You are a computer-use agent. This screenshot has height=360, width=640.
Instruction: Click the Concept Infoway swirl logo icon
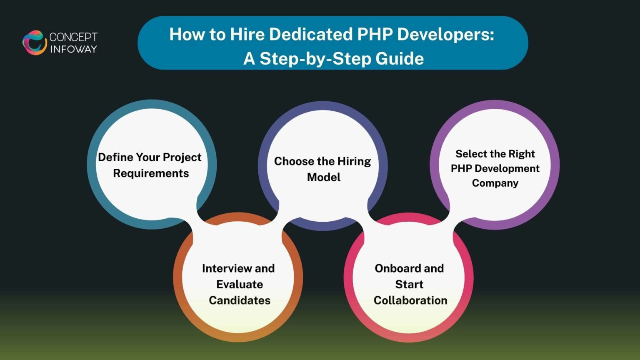tap(34, 42)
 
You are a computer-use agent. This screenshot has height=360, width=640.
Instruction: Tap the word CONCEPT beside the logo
tap(73, 37)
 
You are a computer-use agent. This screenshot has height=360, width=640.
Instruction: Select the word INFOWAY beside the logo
tap(74, 49)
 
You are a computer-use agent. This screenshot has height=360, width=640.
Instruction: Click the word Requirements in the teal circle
tap(151, 173)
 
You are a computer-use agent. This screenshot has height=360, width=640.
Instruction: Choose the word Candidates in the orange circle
tap(240, 300)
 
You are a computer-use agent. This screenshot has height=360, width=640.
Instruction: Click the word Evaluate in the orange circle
tap(240, 285)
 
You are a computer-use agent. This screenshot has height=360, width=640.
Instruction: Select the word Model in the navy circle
tap(324, 177)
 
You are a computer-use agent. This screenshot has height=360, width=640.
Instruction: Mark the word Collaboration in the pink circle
tap(410, 300)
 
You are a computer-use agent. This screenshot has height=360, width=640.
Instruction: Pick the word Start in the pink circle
tap(409, 285)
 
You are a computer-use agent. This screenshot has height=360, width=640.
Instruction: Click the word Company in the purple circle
tap(495, 183)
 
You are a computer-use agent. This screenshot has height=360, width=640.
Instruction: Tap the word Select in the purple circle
tap(471, 154)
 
